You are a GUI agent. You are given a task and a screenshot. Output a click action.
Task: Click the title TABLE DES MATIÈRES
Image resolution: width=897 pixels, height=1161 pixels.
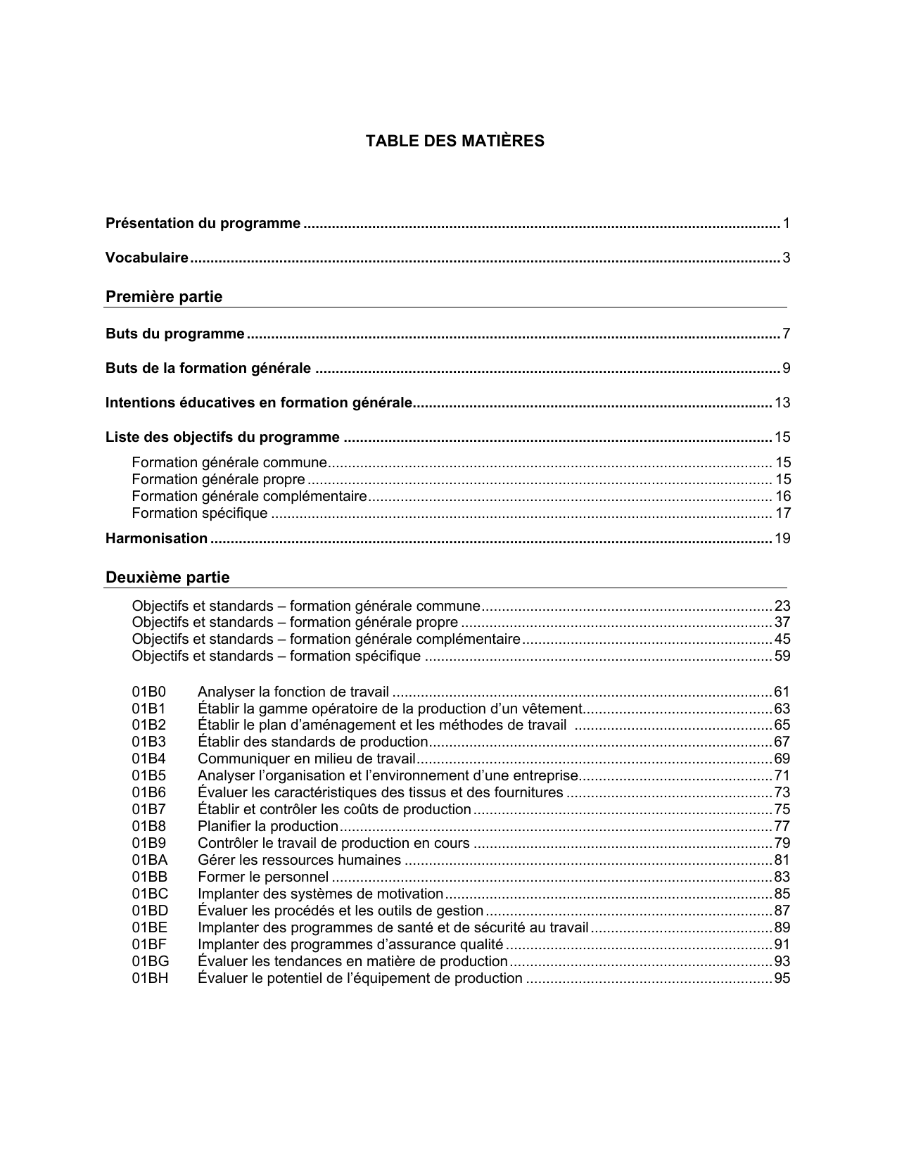pyautogui.click(x=454, y=141)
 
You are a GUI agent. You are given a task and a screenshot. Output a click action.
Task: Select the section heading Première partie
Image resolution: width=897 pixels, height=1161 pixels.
pyautogui.click(x=164, y=297)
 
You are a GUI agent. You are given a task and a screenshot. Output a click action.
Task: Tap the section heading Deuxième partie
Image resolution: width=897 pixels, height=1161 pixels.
pyautogui.click(x=167, y=578)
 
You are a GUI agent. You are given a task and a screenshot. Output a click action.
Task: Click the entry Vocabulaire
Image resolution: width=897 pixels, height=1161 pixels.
pyautogui.click(x=147, y=258)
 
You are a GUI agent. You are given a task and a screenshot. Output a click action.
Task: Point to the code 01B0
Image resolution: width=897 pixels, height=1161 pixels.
pyautogui.click(x=149, y=692)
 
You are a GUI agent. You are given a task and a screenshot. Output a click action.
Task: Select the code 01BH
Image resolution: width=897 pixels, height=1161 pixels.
pyautogui.click(x=150, y=979)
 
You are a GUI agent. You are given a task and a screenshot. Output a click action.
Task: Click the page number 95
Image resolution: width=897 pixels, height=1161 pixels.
pyautogui.click(x=782, y=979)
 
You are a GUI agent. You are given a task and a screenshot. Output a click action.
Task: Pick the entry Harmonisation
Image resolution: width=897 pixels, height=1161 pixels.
pyautogui.click(x=156, y=539)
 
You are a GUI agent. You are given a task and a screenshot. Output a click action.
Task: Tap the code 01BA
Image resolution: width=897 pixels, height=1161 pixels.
pyautogui.click(x=150, y=861)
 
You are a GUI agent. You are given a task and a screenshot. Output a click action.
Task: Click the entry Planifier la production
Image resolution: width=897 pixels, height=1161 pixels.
pyautogui.click(x=268, y=827)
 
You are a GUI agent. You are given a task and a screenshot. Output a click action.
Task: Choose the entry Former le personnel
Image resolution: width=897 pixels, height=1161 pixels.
pyautogui.click(x=263, y=877)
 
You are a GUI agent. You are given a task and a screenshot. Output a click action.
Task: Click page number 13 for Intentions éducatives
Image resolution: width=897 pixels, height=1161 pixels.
pyautogui.click(x=782, y=403)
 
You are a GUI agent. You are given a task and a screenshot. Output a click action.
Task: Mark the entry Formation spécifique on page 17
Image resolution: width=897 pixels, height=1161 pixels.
pyautogui.click(x=200, y=514)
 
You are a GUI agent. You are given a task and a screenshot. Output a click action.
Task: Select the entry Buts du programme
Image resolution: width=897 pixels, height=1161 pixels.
pyautogui.click(x=175, y=334)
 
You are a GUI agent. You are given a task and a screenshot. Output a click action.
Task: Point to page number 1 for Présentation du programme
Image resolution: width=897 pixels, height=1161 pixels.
pyautogui.click(x=786, y=224)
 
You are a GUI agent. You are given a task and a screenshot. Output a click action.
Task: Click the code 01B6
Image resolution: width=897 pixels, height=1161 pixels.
pyautogui.click(x=149, y=793)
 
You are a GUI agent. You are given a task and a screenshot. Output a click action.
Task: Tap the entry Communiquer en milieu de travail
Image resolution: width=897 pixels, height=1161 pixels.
pyautogui.click(x=307, y=759)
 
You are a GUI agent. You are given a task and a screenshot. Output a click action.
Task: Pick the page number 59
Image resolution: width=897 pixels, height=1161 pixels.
pyautogui.click(x=782, y=656)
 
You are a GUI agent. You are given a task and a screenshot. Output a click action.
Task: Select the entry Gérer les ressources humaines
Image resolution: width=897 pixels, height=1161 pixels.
pyautogui.click(x=300, y=861)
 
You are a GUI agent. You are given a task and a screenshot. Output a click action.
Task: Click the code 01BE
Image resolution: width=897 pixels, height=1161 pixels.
pyautogui.click(x=150, y=928)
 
